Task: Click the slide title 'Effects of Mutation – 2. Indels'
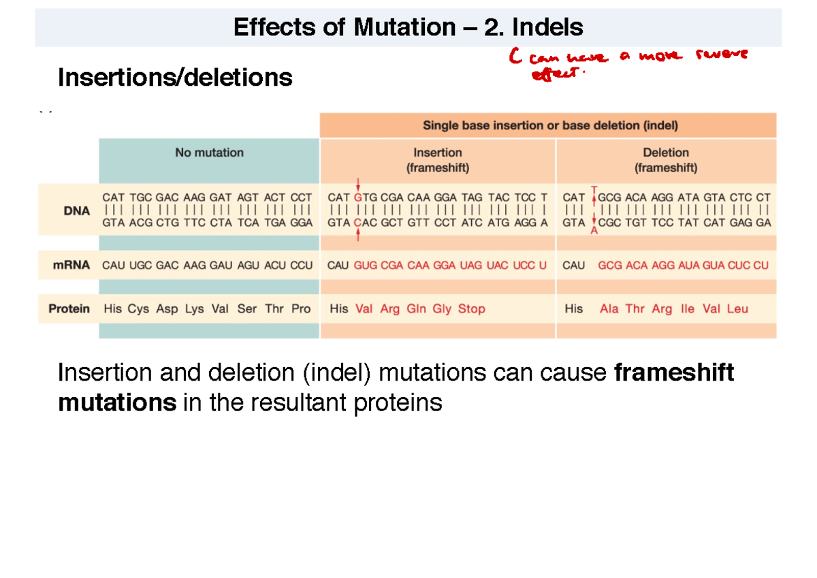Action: pyautogui.click(x=408, y=27)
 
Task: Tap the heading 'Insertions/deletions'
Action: pyautogui.click(x=175, y=78)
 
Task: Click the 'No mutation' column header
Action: pyautogui.click(x=209, y=152)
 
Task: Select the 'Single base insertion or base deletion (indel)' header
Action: pyautogui.click(x=550, y=125)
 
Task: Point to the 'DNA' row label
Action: pyautogui.click(x=77, y=211)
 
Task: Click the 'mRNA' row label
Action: pyautogui.click(x=72, y=266)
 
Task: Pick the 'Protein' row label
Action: pyautogui.click(x=69, y=309)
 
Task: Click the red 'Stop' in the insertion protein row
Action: pyautogui.click(x=471, y=309)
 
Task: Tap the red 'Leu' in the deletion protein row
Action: pyautogui.click(x=737, y=309)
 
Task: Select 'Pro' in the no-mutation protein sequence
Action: pyautogui.click(x=300, y=309)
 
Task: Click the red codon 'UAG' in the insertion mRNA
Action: pyautogui.click(x=472, y=266)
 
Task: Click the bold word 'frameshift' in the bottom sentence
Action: pyautogui.click(x=673, y=373)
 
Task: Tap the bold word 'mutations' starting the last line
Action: pyautogui.click(x=116, y=403)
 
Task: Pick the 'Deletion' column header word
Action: pyautogui.click(x=665, y=152)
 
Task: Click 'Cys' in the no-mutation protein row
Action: pyautogui.click(x=138, y=309)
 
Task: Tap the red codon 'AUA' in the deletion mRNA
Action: pyautogui.click(x=689, y=266)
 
